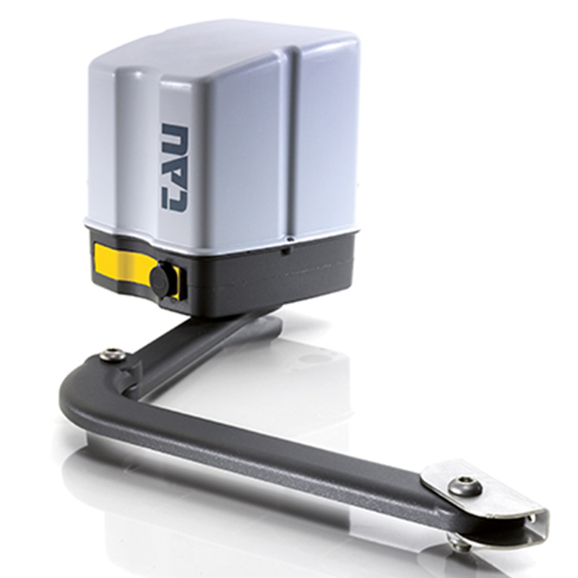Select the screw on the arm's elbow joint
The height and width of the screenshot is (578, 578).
tap(113, 355)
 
